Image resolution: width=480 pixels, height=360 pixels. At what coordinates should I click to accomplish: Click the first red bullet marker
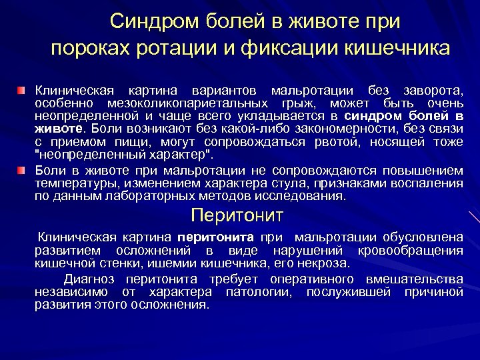pos(22,89)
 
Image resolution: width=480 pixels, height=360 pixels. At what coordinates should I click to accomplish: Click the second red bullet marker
pos(22,171)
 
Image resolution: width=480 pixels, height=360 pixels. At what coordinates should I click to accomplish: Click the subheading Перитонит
pos(237,215)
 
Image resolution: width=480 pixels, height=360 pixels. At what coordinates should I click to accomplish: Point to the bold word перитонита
pos(216,237)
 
